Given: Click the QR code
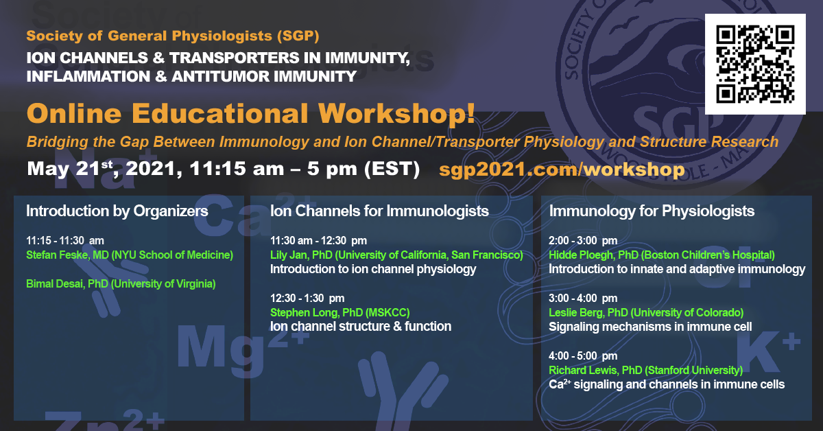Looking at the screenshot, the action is click(755, 64).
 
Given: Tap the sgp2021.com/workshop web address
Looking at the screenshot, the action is click(562, 169).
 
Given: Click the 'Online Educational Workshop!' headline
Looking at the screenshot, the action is click(251, 113).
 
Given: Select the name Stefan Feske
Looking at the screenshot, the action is click(130, 255).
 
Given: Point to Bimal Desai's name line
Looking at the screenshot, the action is click(121, 284).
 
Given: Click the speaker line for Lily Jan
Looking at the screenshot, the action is click(396, 255).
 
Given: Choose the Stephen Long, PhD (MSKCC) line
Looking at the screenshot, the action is click(340, 312).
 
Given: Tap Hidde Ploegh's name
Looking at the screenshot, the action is click(662, 255).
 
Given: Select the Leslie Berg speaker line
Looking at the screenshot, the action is click(646, 312).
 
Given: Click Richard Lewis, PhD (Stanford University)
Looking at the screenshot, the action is click(645, 370).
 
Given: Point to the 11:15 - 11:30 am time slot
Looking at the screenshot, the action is click(65, 240).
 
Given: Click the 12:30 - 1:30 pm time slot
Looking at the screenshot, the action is click(307, 299).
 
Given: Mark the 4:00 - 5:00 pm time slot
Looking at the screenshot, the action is click(583, 356).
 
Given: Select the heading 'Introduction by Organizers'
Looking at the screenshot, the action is click(117, 211).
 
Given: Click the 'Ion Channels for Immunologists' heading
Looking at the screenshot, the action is click(379, 211).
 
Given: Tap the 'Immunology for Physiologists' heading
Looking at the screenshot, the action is click(652, 211).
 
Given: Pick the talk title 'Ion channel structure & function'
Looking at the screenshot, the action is click(361, 326).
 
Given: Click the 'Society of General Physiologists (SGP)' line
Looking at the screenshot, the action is click(173, 36).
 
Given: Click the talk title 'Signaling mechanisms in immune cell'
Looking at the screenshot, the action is click(650, 327).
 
